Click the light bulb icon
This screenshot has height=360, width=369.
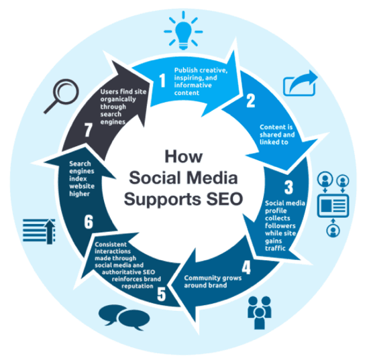click(x=183, y=31)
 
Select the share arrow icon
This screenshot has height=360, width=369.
click(x=300, y=83)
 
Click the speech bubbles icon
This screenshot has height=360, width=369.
click(x=124, y=318)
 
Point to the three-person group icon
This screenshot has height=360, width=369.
click(x=260, y=312)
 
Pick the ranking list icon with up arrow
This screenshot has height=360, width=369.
click(x=39, y=231)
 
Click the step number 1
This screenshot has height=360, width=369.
click(x=162, y=80)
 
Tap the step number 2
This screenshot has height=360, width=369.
click(x=251, y=101)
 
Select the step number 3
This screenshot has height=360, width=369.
click(x=288, y=187)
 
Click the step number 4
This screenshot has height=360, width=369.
click(x=246, y=267)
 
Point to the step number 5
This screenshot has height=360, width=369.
click(x=162, y=294)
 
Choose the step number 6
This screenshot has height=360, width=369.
click(x=89, y=222)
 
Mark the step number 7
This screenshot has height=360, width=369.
click(x=88, y=131)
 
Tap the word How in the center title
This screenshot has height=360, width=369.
click(x=184, y=156)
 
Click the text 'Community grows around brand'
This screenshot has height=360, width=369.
click(x=213, y=282)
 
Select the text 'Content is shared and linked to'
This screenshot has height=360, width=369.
click(x=277, y=135)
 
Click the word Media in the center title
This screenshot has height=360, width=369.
click(x=213, y=178)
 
